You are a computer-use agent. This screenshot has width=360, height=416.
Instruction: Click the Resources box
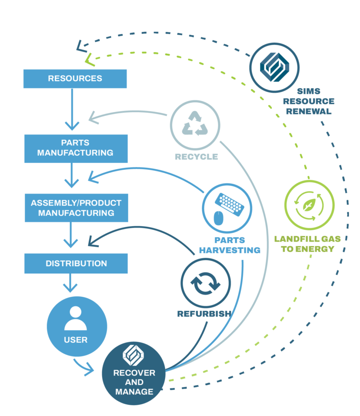[75, 79]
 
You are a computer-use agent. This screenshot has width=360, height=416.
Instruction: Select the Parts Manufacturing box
[75, 148]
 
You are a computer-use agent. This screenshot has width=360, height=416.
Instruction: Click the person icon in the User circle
[75, 318]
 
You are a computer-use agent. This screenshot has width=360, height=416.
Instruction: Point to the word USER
[75, 340]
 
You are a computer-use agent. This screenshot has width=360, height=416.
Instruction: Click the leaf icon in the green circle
[309, 204]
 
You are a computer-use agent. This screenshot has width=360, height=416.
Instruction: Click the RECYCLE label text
[196, 157]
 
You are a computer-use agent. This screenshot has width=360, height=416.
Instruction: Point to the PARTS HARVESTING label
[230, 245]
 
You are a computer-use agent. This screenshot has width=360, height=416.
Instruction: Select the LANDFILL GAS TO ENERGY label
[307, 244]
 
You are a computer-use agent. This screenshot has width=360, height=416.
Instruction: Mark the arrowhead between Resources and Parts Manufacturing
[72, 125]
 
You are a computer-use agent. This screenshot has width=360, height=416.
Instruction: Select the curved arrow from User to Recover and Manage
[84, 368]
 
